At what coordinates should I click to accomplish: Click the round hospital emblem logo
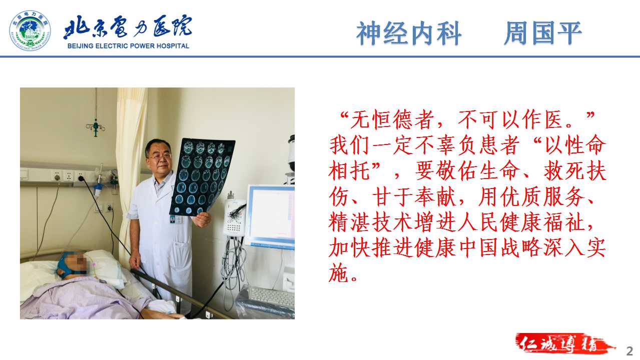pos(30,30)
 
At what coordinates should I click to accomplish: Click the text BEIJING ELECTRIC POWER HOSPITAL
pos(128,46)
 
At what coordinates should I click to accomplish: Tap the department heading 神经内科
pos(409,33)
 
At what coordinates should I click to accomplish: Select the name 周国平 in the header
pos(543,33)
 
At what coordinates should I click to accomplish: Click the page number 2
pos(629,351)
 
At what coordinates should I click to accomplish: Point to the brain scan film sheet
pos(202,176)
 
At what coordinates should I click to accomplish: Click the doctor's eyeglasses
pos(160,156)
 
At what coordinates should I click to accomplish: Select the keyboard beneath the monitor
pos(271,297)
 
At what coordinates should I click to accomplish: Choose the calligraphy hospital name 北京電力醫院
pos(128,27)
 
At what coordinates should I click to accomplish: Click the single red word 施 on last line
pos(339,273)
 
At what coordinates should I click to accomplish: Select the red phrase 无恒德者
pos(392,120)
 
